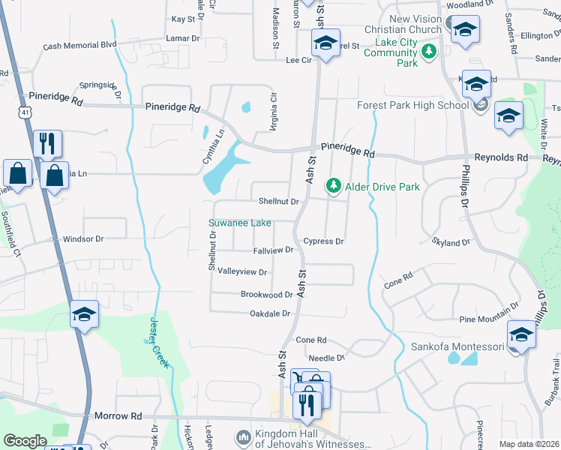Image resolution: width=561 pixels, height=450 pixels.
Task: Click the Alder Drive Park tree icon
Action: [331, 185]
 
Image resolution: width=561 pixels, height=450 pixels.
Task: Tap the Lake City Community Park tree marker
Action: [428, 52]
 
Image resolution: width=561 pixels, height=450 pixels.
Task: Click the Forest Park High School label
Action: [412, 105]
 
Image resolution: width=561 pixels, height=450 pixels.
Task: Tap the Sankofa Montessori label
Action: [457, 347]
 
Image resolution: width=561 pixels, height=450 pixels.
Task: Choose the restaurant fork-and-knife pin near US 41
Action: [47, 143]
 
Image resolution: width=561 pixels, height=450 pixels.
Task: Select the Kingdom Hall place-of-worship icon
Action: [242, 436]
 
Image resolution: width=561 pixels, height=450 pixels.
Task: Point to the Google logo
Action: [25, 441]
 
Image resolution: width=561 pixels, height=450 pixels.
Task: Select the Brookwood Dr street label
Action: [266, 295]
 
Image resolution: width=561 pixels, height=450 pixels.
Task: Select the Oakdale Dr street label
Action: [270, 313]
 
